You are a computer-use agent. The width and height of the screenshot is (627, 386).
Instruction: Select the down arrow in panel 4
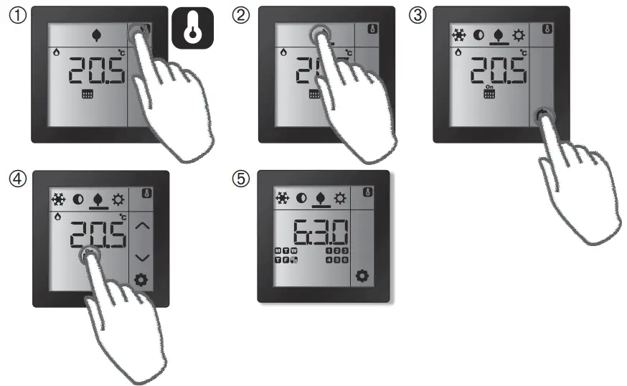pos(143,257)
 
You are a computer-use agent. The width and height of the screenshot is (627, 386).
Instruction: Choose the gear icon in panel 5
pos(364,275)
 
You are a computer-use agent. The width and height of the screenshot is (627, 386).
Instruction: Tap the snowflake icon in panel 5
pos(282,197)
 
